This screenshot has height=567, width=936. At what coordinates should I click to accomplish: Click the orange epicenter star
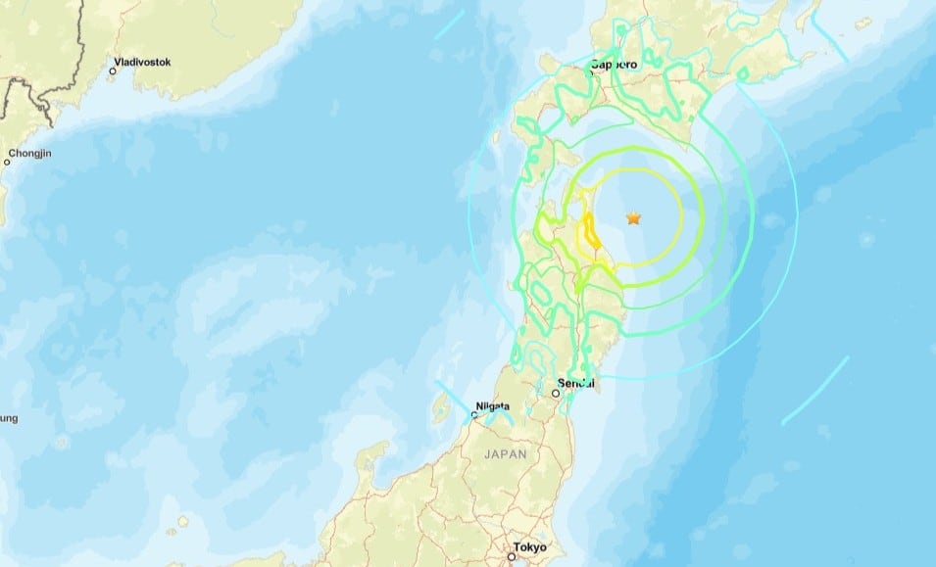633,217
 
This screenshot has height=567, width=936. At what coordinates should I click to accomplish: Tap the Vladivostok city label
142,62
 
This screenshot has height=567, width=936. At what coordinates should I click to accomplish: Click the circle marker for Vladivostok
113,71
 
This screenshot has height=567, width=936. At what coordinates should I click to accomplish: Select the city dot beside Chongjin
7,162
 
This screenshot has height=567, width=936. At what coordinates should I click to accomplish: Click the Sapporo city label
614,65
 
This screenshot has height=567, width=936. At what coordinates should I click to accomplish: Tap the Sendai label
576,382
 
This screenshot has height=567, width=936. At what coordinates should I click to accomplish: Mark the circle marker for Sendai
556,393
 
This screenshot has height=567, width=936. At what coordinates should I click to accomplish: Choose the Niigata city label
491,405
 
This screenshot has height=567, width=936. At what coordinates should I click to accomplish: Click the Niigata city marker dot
473,415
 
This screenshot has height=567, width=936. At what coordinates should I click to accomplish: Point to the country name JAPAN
505,454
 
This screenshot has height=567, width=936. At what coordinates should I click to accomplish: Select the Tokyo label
528,546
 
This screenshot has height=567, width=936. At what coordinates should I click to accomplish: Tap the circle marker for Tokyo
511,556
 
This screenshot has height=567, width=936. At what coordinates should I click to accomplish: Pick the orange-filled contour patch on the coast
591,232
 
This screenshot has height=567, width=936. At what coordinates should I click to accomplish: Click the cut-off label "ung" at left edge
8,418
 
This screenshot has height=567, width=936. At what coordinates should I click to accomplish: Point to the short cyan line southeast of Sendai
814,390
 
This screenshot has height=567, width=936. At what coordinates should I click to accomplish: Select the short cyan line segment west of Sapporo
450,25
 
